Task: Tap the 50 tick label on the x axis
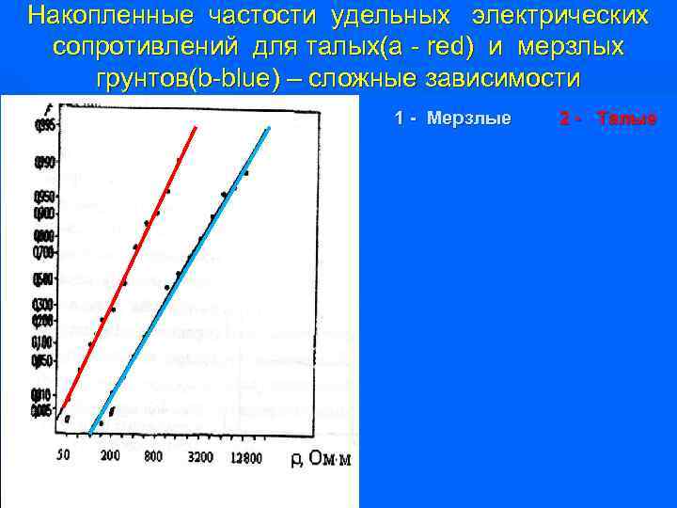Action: [63, 455]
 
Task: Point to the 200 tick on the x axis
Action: [109, 455]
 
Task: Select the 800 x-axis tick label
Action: [154, 455]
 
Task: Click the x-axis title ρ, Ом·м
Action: [320, 458]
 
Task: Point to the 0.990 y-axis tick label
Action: [44, 163]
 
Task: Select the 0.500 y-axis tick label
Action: [44, 278]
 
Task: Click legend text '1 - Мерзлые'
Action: [453, 119]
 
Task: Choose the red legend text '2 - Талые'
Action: [607, 119]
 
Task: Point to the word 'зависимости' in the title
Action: [505, 78]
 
